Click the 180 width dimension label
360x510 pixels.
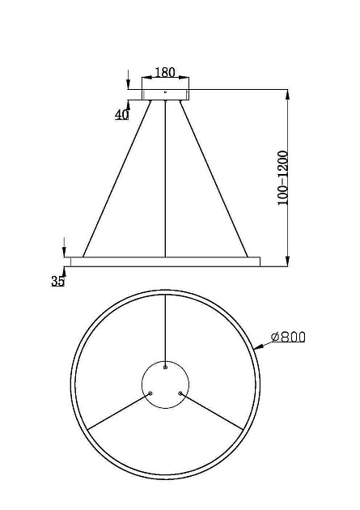[166, 72]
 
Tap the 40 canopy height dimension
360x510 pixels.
[122, 114]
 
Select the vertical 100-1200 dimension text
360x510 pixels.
[282, 177]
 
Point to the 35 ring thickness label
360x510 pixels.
[57, 281]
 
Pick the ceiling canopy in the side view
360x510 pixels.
[166, 94]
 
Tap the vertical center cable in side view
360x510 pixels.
[166, 178]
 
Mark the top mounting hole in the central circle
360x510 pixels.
[166, 367]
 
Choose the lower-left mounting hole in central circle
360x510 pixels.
[150, 393]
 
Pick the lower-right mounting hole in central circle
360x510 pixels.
[180, 393]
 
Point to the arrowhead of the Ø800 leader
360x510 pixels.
[257, 346]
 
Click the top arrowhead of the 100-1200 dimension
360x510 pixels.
[289, 92]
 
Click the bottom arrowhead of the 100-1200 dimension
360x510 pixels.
[289, 260]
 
